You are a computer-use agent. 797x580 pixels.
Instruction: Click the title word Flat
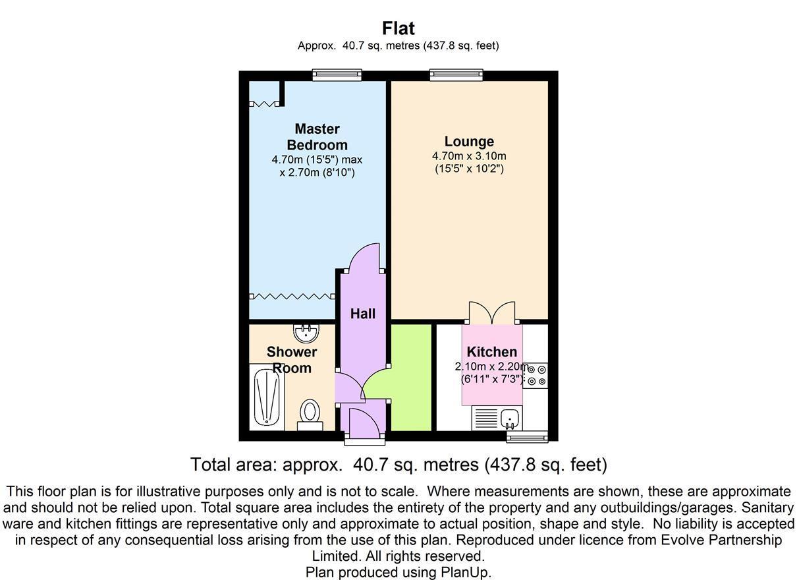398,28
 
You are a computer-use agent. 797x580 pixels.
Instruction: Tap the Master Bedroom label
317,136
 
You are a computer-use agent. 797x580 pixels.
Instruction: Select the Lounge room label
469,141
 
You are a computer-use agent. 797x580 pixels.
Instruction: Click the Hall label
363,314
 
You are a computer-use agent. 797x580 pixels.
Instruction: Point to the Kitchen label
491,352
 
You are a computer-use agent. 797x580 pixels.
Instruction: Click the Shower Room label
292,360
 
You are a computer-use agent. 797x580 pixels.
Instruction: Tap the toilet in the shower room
310,414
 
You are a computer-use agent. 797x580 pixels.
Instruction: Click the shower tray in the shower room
267,398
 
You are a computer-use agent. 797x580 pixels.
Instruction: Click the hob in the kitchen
536,375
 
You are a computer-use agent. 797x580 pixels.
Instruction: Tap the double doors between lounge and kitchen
493,312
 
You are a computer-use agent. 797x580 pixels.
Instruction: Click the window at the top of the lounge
456,75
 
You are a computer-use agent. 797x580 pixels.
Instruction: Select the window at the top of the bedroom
337,75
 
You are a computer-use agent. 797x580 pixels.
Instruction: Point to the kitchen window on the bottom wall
527,436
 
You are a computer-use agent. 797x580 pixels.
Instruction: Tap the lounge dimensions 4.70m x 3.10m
469,156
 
